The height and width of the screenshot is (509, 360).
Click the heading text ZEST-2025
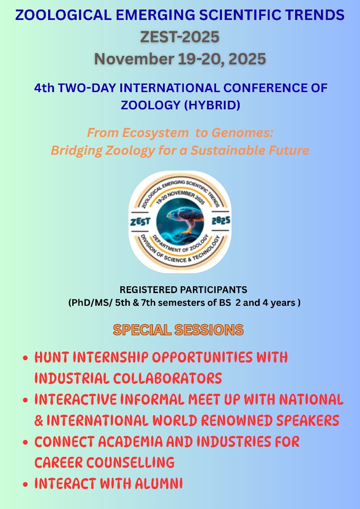(x=180, y=37)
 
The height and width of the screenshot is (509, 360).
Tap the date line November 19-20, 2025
(x=180, y=59)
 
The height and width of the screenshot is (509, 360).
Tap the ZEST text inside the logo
(x=140, y=221)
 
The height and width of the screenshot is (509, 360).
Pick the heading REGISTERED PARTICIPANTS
(x=183, y=289)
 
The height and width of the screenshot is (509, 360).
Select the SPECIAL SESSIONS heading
(x=178, y=330)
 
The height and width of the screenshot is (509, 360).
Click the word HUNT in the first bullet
(x=52, y=357)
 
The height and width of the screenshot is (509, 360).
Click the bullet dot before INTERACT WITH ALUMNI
(x=26, y=485)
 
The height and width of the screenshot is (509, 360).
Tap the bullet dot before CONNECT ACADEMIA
(x=26, y=443)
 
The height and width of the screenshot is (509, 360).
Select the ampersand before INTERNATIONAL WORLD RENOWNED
(x=39, y=421)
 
